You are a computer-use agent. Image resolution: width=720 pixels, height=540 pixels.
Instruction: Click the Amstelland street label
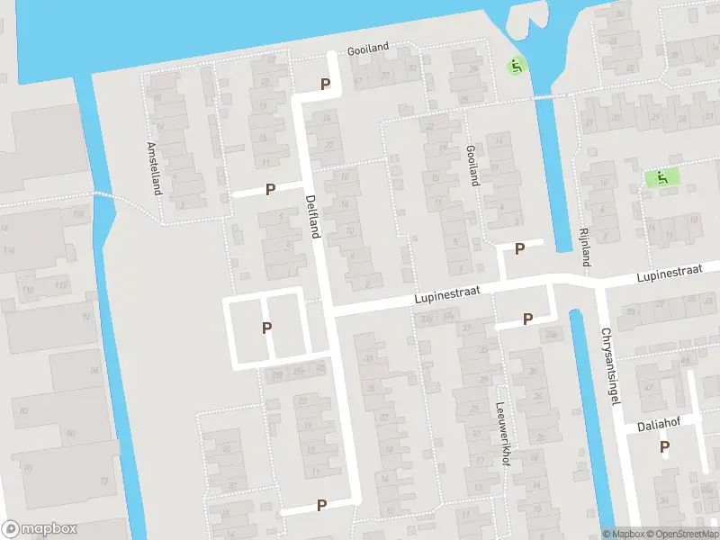pyautogui.click(x=154, y=168)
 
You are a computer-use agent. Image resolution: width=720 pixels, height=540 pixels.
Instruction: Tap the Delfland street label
pyautogui.click(x=313, y=217)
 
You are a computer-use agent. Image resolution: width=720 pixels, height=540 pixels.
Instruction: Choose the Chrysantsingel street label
pyautogui.click(x=609, y=365)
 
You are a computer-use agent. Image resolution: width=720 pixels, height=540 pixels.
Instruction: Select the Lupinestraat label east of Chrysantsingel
pyautogui.click(x=669, y=272)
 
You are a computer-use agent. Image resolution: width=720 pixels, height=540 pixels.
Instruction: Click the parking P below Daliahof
pyautogui.click(x=665, y=446)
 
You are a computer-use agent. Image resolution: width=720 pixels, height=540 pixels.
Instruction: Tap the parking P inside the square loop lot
pyautogui.click(x=267, y=328)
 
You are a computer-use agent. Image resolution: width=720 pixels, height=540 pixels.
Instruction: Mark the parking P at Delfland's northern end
pyautogui.click(x=326, y=85)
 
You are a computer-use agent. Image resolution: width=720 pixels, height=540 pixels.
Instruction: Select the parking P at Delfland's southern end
pyautogui.click(x=321, y=506)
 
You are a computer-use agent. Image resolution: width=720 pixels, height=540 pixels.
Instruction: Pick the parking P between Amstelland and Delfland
pyautogui.click(x=269, y=190)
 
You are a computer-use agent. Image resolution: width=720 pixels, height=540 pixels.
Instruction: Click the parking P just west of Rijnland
pyautogui.click(x=519, y=249)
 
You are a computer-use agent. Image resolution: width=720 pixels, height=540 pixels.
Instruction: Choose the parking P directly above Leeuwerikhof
pyautogui.click(x=528, y=319)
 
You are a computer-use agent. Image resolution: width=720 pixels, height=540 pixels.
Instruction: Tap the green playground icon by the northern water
pyautogui.click(x=515, y=66)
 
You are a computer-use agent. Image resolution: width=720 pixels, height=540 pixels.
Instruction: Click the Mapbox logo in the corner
pyautogui.click(x=40, y=529)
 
